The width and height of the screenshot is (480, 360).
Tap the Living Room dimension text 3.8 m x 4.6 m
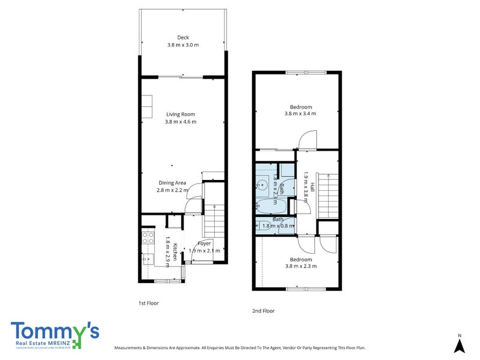181,122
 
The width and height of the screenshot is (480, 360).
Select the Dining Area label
172,182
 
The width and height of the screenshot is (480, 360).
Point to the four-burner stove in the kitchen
148,239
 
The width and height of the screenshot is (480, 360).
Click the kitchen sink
148,260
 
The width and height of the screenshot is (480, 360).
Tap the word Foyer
204,244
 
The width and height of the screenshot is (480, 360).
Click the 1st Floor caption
149,303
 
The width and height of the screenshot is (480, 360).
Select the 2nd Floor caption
264,311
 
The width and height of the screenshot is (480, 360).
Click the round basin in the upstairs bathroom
262,185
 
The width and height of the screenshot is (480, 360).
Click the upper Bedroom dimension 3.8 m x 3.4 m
300,113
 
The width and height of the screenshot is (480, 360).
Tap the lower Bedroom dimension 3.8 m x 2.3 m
301,266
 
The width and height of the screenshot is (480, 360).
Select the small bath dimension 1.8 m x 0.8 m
278,226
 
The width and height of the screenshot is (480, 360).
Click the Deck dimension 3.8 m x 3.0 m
182,45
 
